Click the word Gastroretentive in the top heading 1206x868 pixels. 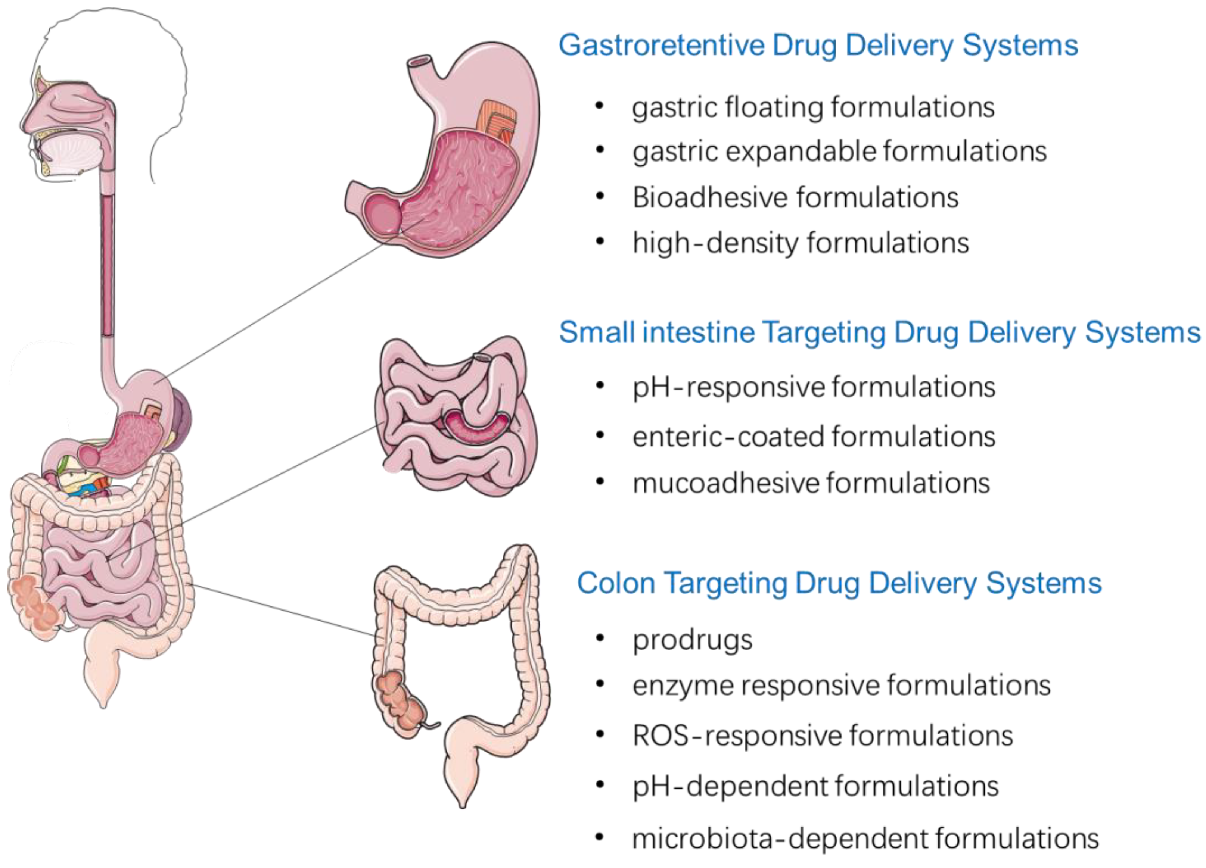[x=662, y=46]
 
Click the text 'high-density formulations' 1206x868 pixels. [x=800, y=243]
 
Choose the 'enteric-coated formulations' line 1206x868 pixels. [x=814, y=437]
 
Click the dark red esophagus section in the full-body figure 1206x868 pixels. [x=108, y=266]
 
